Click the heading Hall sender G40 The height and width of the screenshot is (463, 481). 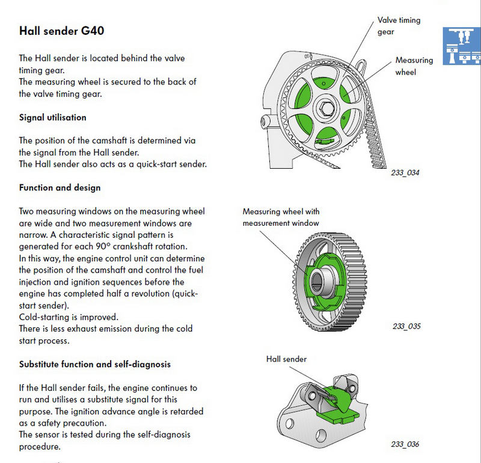[x=62, y=31]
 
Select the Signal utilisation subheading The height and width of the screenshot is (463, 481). [x=53, y=118]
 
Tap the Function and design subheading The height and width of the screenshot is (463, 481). [x=60, y=188]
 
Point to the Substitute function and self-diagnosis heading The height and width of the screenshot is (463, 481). [x=95, y=364]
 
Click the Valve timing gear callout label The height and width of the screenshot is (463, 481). [x=399, y=26]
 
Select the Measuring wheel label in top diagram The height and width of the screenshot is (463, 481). [x=414, y=66]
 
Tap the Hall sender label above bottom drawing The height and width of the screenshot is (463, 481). [x=286, y=359]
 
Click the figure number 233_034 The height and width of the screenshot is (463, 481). [x=405, y=173]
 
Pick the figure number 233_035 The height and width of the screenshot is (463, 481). [x=406, y=327]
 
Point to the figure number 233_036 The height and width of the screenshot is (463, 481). [x=404, y=444]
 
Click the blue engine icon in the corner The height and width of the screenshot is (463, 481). [x=462, y=46]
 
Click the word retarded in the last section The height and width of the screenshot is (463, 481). [x=186, y=411]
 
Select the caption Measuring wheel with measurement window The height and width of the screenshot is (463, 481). [x=281, y=217]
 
